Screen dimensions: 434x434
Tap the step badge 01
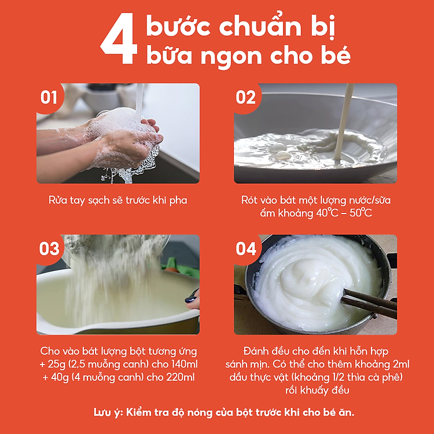tap(49, 97)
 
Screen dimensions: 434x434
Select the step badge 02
tap(246, 97)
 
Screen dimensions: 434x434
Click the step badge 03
tap(49, 248)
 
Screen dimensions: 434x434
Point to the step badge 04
tap(246, 248)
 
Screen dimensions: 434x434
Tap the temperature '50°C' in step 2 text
tap(359, 213)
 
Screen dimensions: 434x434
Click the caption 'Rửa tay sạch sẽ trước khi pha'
tap(118, 200)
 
